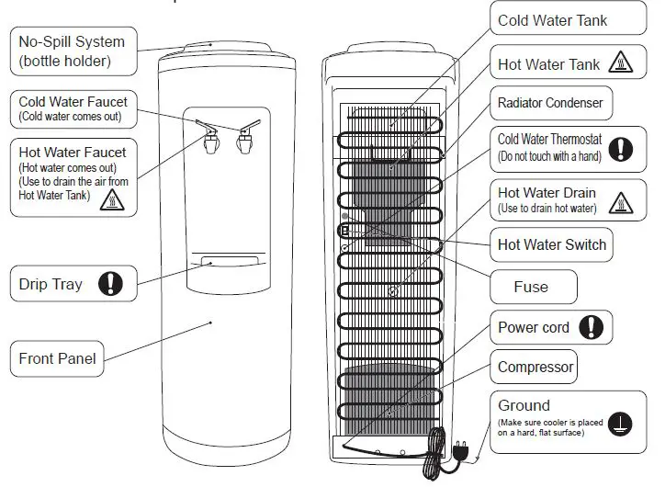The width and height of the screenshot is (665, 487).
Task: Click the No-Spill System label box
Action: [71, 52]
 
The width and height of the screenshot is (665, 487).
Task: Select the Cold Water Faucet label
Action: [73, 108]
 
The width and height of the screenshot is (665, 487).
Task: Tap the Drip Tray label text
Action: [51, 284]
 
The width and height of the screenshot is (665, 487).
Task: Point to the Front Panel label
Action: [58, 358]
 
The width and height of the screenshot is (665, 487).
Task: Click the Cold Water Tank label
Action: [552, 20]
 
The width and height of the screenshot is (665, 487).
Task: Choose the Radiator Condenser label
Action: [550, 103]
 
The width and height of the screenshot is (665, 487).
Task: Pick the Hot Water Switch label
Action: [552, 244]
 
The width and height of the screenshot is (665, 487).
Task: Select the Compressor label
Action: [535, 367]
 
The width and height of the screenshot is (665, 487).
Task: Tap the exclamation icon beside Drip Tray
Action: [111, 284]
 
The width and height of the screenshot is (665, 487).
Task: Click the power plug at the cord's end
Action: [460, 449]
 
